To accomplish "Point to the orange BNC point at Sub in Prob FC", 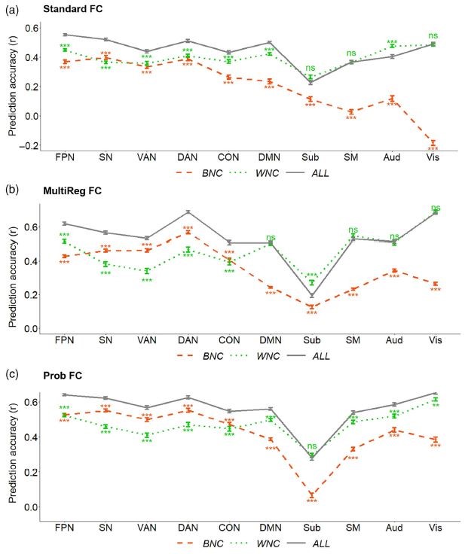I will [x=311, y=495].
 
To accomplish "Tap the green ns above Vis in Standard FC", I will [x=433, y=35].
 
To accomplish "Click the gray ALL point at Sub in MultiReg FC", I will [x=311, y=296].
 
